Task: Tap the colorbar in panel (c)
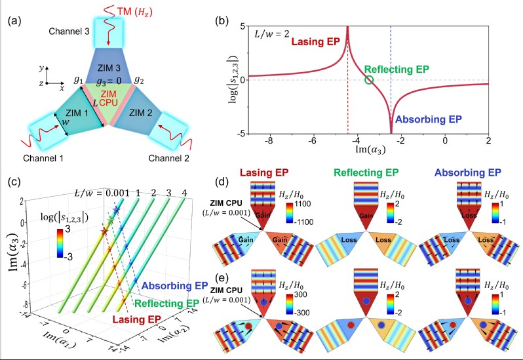[x=58, y=247]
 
